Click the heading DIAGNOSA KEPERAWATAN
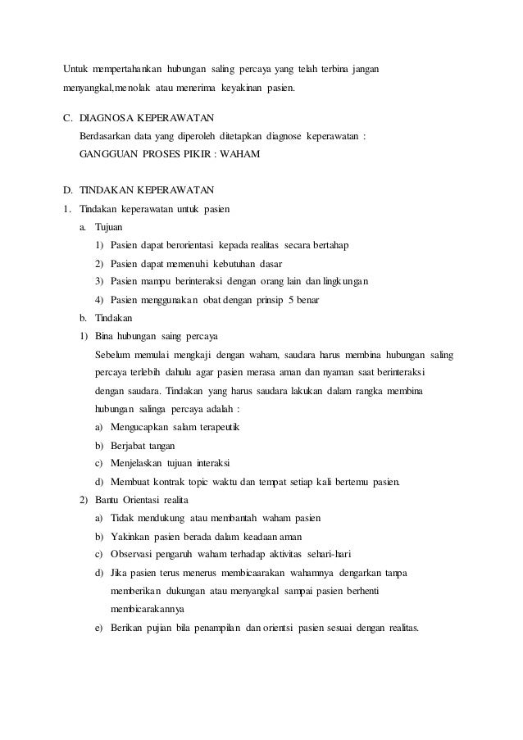pos(151,117)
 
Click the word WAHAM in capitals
pos(243,153)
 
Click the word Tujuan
pos(111,227)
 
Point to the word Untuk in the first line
pos(78,66)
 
